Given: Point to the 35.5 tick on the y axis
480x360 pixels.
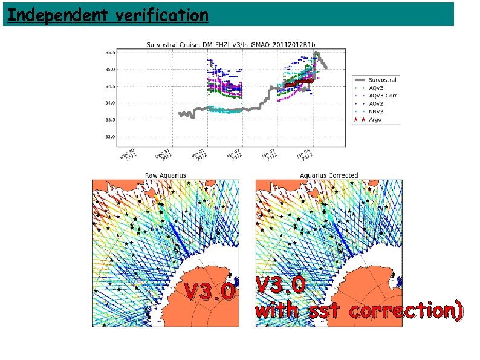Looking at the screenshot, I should coord(110,53).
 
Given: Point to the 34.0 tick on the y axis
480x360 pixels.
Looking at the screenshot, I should coord(110,103).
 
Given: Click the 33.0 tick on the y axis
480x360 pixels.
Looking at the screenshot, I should coord(110,137).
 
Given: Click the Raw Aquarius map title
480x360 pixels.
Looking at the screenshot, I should coord(165,175).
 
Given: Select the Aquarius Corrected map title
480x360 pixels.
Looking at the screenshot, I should coord(329,175).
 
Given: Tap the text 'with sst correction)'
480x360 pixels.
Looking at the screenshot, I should coord(359,310).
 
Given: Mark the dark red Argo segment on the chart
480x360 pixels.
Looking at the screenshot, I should coord(299,81).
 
